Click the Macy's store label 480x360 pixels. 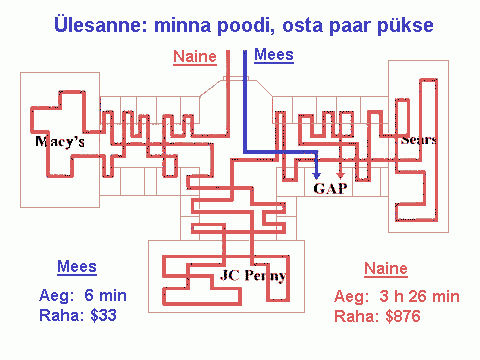tap(60, 142)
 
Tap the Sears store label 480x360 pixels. tap(418, 140)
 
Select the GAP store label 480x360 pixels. tap(330, 189)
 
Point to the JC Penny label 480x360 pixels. tap(253, 276)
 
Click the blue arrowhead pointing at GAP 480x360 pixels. tap(317, 175)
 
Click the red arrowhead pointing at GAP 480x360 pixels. tap(340, 175)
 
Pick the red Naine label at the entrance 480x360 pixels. tap(195, 56)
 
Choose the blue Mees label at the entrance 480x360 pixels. tap(274, 55)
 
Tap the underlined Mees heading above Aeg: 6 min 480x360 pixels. tap(77, 267)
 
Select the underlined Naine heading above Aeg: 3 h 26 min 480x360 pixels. tap(386, 269)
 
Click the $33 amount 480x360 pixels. tap(103, 315)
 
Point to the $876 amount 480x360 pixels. tap(403, 316)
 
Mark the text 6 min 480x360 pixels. tap(105, 295)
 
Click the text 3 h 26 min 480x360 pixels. tap(419, 296)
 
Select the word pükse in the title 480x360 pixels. tap(405, 26)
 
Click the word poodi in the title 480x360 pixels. tap(246, 26)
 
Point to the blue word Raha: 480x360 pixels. tap(62, 315)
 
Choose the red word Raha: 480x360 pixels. tap(357, 316)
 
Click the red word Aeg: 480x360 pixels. tap(352, 297)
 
